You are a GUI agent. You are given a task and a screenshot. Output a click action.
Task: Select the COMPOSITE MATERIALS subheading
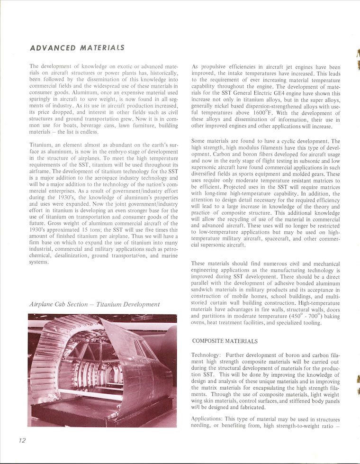pyautogui.click(x=225, y=341)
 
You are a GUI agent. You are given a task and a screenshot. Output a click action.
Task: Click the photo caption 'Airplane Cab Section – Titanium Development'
pyautogui.click(x=95, y=304)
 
